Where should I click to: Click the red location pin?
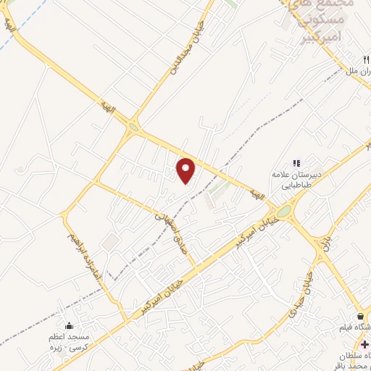click(187, 170)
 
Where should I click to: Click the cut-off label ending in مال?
click(359, 74)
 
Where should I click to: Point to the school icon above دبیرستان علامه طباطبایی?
click(295, 164)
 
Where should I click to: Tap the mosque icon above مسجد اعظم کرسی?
click(69, 326)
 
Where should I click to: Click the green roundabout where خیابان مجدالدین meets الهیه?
click(133, 128)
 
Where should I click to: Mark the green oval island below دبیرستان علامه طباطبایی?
click(283, 211)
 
